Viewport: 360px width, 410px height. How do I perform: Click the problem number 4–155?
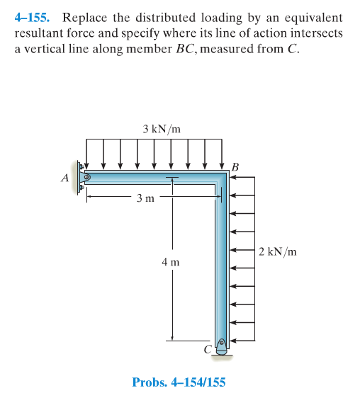click(x=32, y=18)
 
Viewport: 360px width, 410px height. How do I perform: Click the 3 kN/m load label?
click(x=162, y=129)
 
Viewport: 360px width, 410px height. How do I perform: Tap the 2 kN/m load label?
click(x=278, y=251)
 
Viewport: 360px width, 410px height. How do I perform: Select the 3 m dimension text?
click(x=145, y=198)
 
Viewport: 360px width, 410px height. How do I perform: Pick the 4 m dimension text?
click(x=171, y=262)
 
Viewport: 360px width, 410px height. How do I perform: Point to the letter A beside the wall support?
click(x=65, y=178)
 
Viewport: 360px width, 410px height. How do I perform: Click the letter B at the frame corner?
click(x=235, y=167)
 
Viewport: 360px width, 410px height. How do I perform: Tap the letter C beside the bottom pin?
click(x=208, y=349)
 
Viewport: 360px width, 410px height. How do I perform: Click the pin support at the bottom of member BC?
click(x=221, y=347)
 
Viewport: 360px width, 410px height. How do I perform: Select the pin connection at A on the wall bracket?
click(x=87, y=178)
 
